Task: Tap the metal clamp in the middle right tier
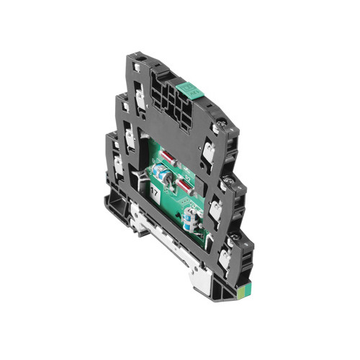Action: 215,211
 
